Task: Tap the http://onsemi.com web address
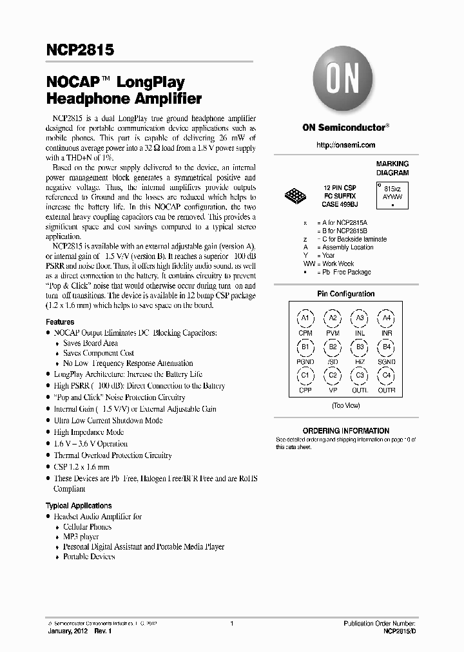pyautogui.click(x=345, y=145)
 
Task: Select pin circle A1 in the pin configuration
pyautogui.click(x=305, y=318)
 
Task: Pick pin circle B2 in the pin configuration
pyautogui.click(x=333, y=347)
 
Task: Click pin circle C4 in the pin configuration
pyautogui.click(x=387, y=376)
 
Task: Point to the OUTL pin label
pyautogui.click(x=360, y=390)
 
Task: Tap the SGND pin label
pyautogui.click(x=387, y=362)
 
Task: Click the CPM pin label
pyautogui.click(x=305, y=333)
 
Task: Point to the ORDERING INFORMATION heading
pyautogui.click(x=345, y=431)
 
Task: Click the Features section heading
pyautogui.click(x=60, y=321)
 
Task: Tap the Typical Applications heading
pyautogui.click(x=79, y=506)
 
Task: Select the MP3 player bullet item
pyautogui.click(x=81, y=537)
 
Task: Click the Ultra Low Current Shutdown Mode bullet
pyautogui.click(x=108, y=421)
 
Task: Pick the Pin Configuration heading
pyautogui.click(x=345, y=294)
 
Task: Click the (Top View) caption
pyautogui.click(x=345, y=406)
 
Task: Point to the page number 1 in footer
pyautogui.click(x=231, y=624)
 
